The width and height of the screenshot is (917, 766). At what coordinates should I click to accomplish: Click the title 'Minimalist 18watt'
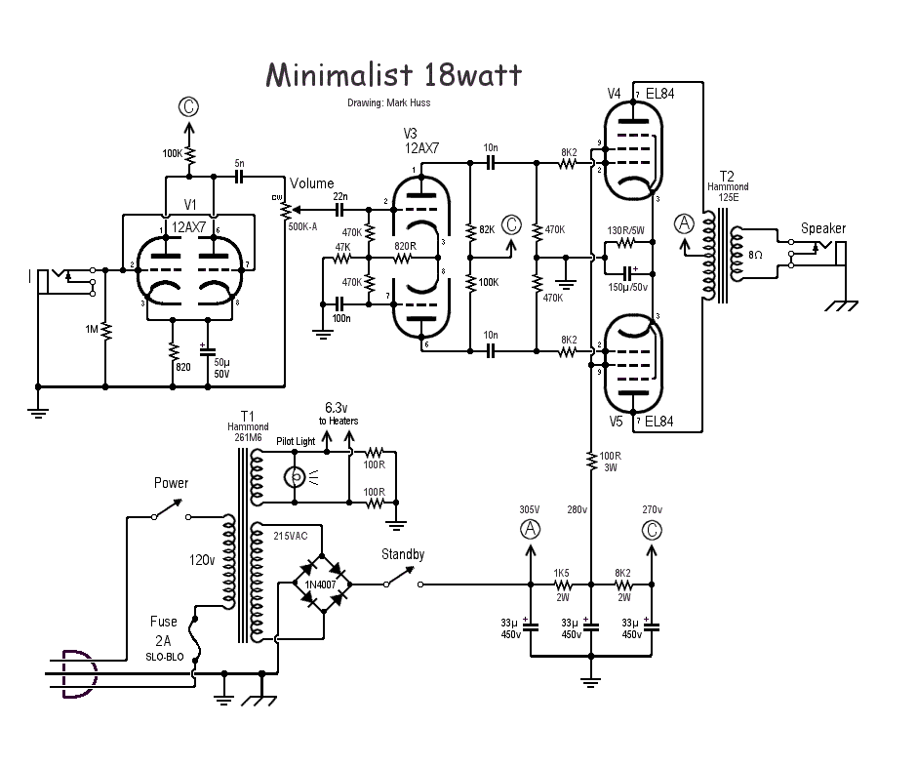click(x=393, y=76)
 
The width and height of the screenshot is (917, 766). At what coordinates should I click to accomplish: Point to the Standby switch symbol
click(x=402, y=582)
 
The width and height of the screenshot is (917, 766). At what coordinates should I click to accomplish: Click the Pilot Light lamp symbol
click(x=293, y=478)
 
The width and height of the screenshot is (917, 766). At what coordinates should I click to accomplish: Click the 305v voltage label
click(x=530, y=509)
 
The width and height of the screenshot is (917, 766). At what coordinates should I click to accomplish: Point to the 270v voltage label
click(x=652, y=509)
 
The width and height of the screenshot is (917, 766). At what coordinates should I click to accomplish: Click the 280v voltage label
click(x=578, y=509)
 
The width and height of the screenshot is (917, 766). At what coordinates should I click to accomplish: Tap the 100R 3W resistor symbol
click(x=591, y=463)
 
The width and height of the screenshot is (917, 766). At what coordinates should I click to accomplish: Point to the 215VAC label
click(x=292, y=536)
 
